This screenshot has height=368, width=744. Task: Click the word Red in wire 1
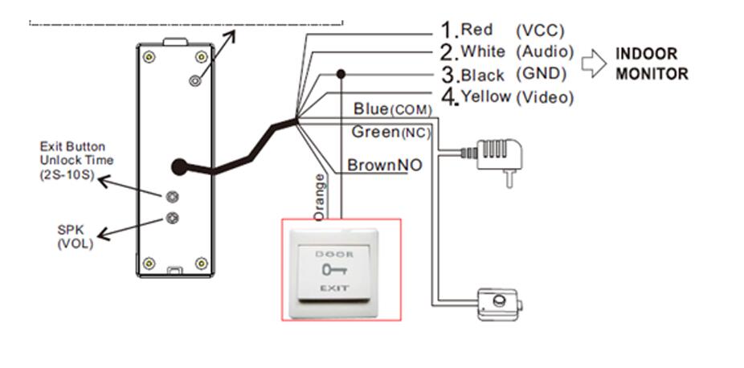(477, 30)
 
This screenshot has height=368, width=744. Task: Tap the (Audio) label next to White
(546, 51)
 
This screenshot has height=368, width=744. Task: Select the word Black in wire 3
(483, 75)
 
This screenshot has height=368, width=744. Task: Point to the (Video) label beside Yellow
(546, 97)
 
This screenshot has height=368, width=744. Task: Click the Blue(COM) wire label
(393, 109)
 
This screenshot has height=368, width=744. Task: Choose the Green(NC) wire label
(391, 133)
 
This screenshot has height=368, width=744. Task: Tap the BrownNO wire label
(385, 165)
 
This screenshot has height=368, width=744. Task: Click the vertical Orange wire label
(320, 197)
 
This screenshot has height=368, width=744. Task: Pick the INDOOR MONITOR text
(652, 63)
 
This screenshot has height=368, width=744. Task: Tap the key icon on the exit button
(334, 270)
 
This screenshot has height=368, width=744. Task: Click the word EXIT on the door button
(334, 288)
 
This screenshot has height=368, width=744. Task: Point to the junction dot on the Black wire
(341, 74)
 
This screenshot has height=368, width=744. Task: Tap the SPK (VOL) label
(75, 237)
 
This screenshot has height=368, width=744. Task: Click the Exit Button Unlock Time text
(76, 160)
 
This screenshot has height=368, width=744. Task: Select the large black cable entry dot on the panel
(179, 167)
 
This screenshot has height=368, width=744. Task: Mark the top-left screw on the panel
(149, 57)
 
